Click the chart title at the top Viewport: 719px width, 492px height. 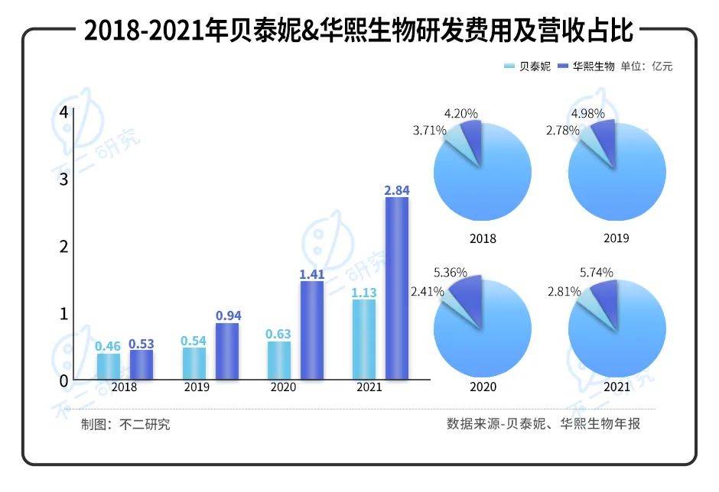coord(359,31)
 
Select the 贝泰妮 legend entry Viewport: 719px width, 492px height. coord(527,66)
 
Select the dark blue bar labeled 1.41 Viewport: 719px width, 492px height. coord(311,329)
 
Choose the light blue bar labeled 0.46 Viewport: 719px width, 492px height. coord(109,365)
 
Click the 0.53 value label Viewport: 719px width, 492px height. coord(141,345)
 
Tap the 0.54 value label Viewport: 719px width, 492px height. coord(194,341)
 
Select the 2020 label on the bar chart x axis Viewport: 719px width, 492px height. coord(284,387)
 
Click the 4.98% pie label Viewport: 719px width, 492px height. coord(588,114)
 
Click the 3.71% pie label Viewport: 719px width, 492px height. coord(430,130)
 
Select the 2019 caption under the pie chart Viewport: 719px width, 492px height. coord(616,238)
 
